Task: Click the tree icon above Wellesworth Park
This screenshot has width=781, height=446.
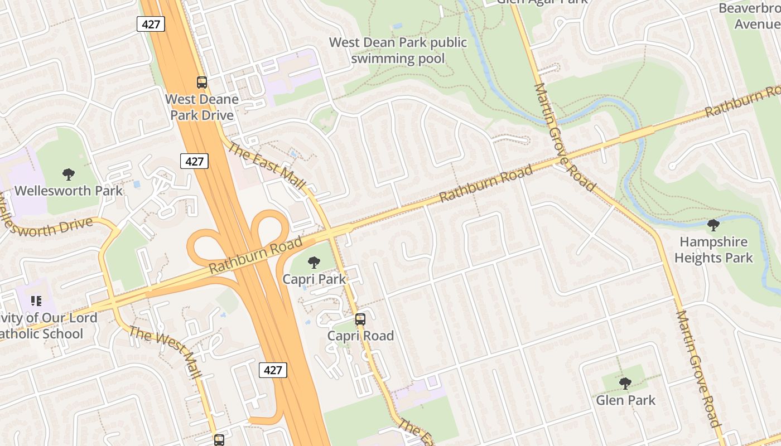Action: coord(69,174)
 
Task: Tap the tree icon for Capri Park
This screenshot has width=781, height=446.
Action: coord(314,263)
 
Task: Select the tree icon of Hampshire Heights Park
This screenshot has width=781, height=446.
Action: coord(713,226)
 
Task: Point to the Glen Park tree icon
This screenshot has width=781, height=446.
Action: coord(625,384)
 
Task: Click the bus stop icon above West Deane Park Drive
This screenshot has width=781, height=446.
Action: coord(201,83)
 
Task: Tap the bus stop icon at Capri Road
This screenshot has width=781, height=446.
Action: coord(360,319)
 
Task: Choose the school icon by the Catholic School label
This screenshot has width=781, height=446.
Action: coord(36,302)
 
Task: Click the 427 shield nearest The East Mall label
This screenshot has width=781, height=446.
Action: coord(194,161)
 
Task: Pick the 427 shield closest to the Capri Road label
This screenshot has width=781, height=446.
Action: coord(273,370)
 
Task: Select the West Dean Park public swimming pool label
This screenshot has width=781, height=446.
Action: coord(398,50)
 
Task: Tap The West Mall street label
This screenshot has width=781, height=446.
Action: coord(165,351)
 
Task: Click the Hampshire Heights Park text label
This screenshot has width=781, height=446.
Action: coord(713,250)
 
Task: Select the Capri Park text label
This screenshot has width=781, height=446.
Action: coord(315,279)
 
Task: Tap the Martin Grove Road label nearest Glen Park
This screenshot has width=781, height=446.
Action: coord(699,368)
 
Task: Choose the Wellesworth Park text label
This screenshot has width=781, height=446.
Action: coord(68,190)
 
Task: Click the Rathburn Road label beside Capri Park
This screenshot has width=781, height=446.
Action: coord(255,255)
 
